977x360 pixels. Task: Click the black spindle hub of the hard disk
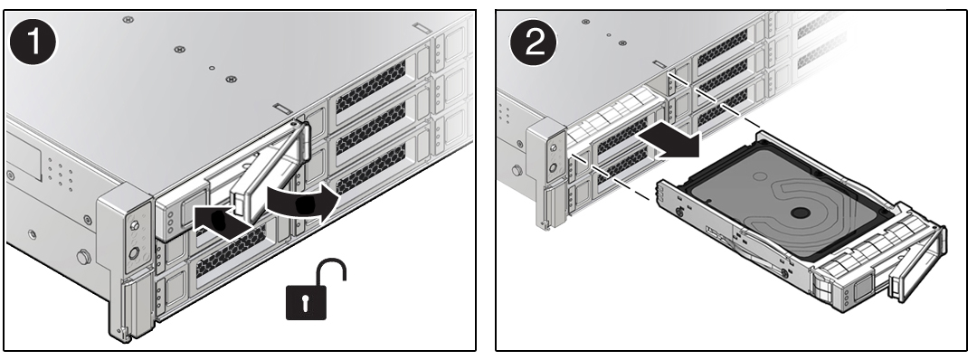pyautogui.click(x=799, y=213)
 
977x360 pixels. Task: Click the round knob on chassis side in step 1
pyautogui.click(x=83, y=259)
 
